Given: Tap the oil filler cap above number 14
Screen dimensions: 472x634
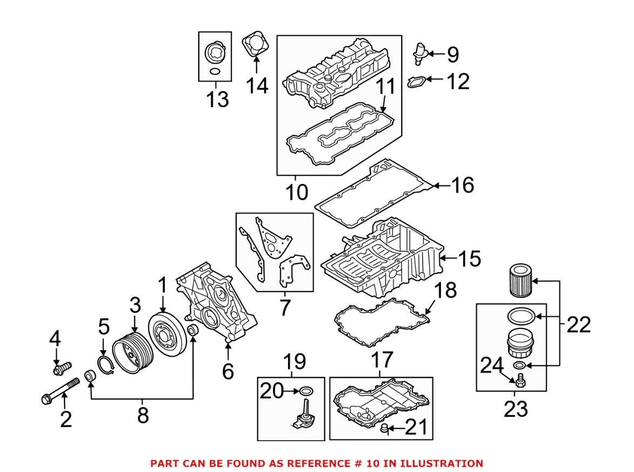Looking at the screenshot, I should pos(255,44).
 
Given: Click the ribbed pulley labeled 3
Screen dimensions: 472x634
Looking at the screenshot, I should pos(132,355).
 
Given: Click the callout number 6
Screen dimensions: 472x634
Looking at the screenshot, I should pos(228,371).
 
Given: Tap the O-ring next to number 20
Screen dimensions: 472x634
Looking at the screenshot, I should pos(306,390).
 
